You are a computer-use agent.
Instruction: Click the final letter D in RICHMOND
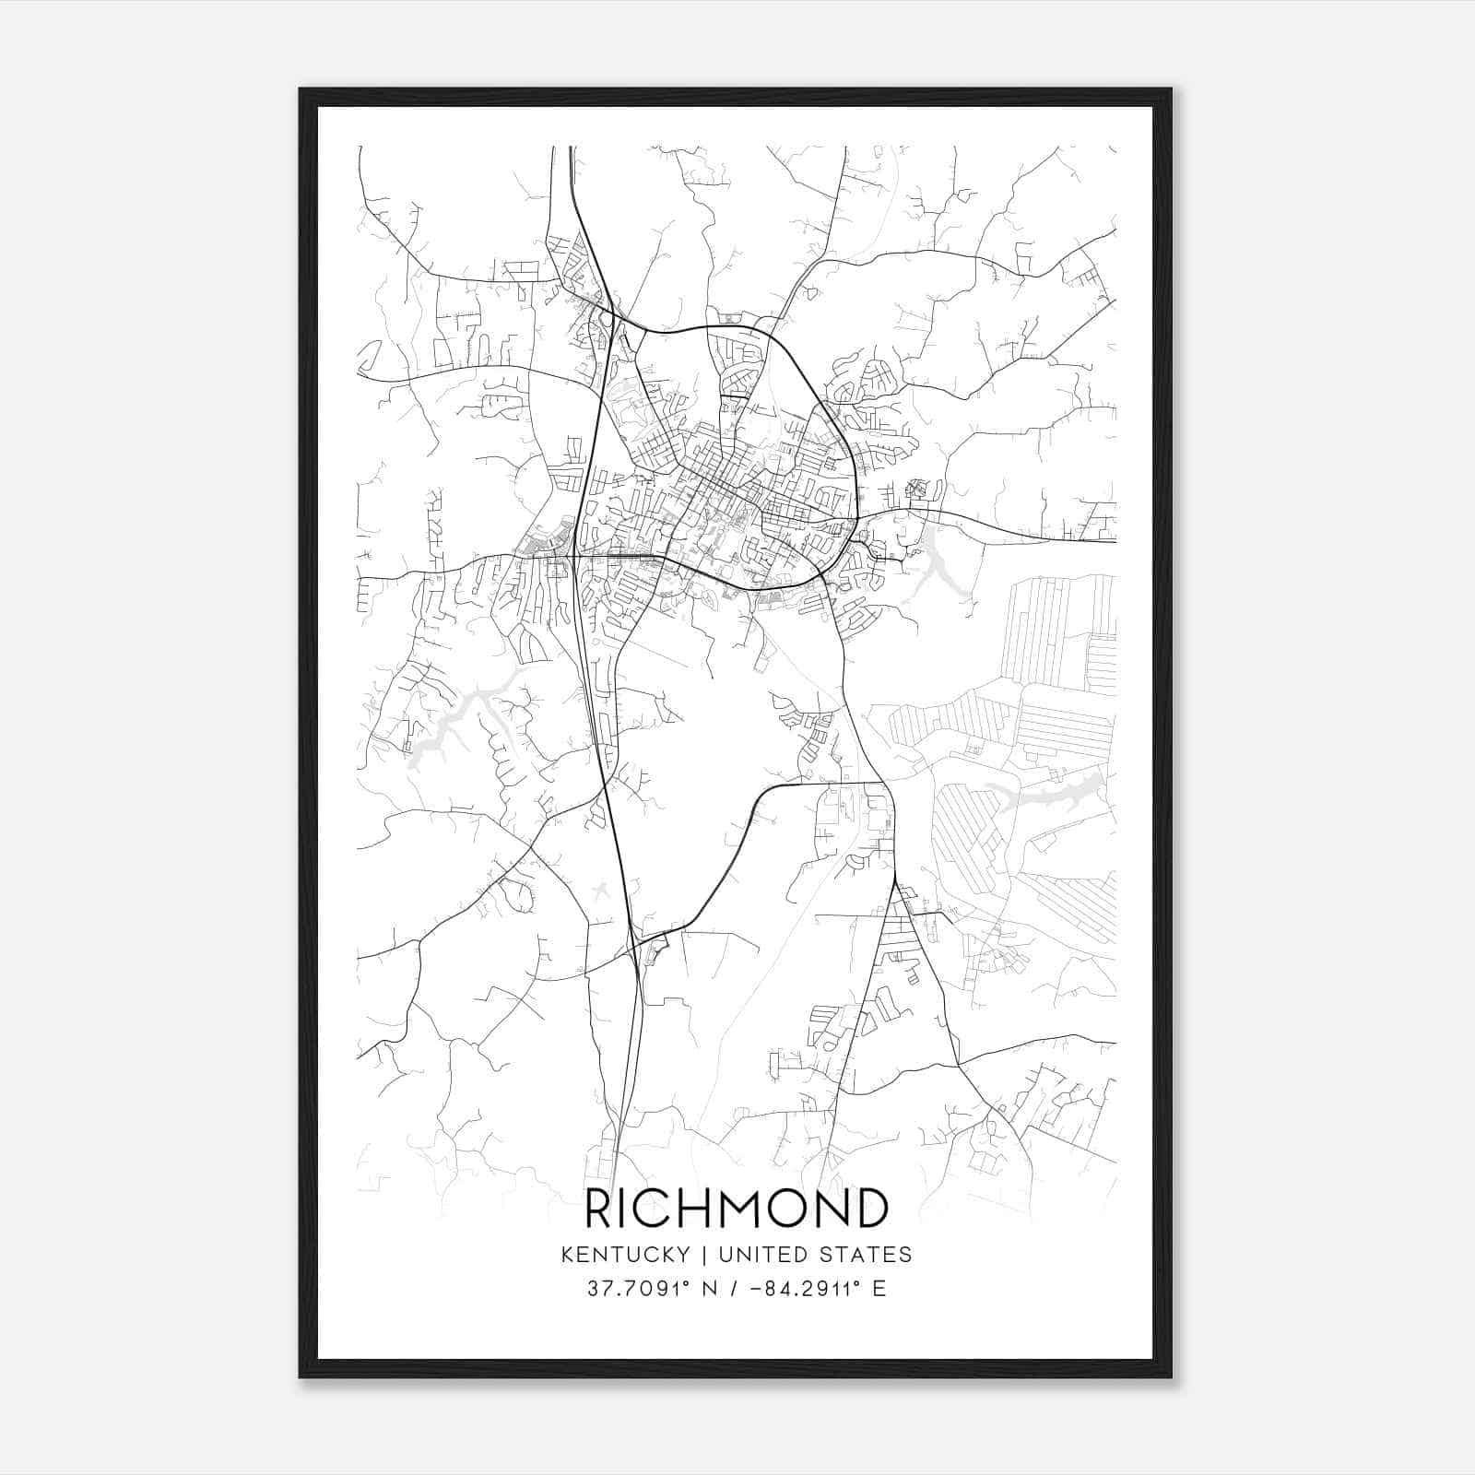tap(870, 1208)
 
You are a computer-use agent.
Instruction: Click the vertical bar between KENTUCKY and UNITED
tap(703, 1255)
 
